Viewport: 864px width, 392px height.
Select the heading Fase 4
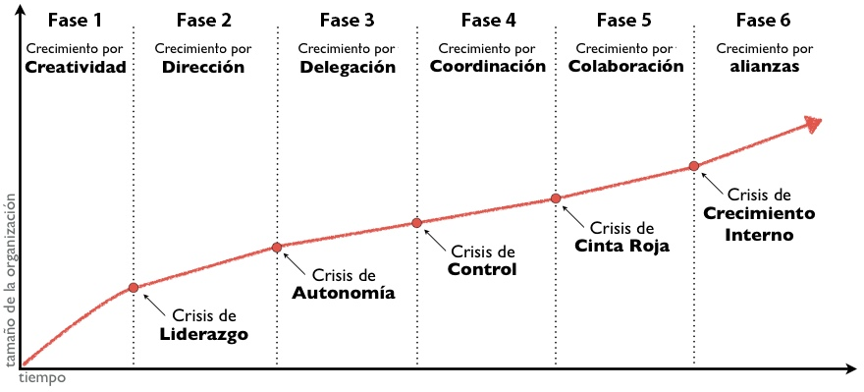[x=487, y=19]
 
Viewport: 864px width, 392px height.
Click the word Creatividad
[x=76, y=68]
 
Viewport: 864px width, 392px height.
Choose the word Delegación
[x=348, y=68]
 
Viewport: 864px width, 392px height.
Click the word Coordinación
[x=487, y=67]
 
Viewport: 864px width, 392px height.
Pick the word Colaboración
[x=625, y=67]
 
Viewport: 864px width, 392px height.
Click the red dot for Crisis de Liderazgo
[x=134, y=288]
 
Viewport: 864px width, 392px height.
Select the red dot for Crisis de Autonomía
[x=277, y=247]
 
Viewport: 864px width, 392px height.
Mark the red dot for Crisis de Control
[x=416, y=223]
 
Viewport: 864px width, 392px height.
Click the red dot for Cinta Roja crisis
[x=556, y=198]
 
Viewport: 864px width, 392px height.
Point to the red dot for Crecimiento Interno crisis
[x=694, y=166]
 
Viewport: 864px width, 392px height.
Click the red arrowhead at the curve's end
[x=812, y=123]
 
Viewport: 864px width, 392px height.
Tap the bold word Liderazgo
[x=204, y=334]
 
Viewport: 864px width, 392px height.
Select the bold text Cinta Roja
[x=621, y=247]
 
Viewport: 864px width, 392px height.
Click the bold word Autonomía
[x=344, y=293]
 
